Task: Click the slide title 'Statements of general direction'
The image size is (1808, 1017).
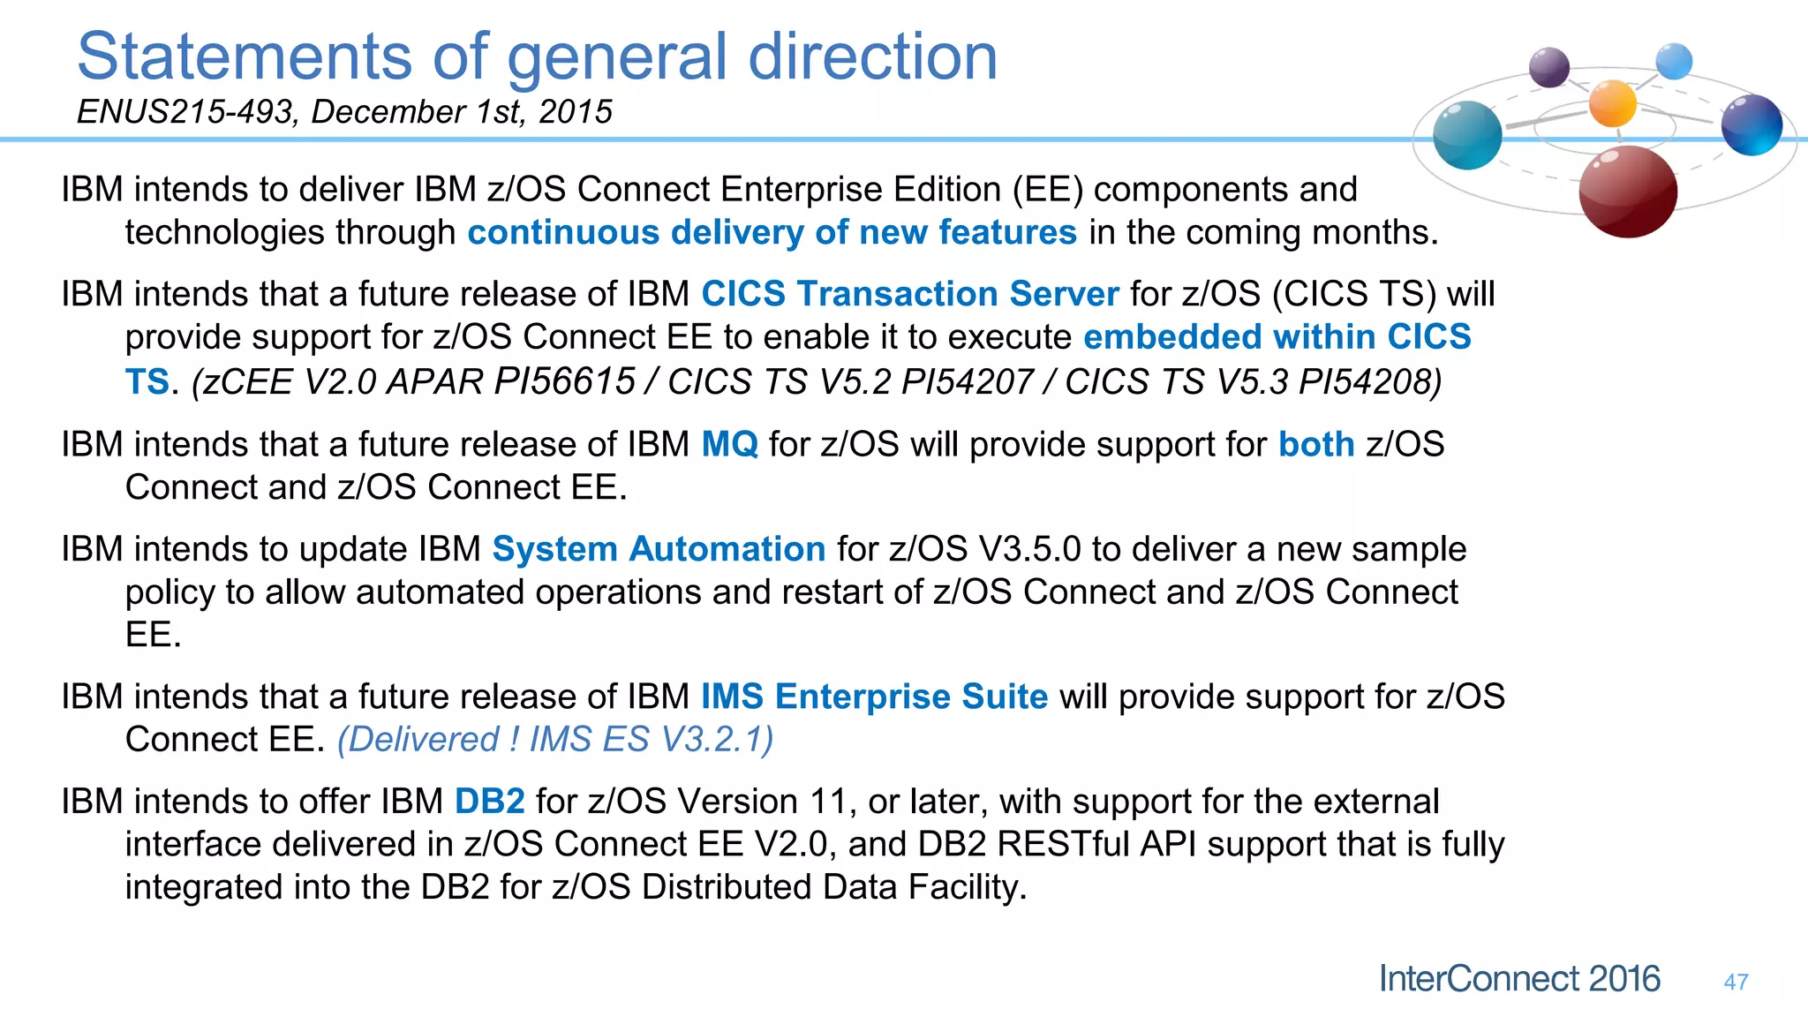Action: click(x=537, y=56)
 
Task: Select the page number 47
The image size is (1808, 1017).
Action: click(x=1736, y=982)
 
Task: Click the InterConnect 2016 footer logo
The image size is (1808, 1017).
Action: click(x=1519, y=979)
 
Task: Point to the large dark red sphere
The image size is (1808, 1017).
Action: click(x=1627, y=192)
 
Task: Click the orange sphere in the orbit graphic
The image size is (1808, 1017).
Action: click(x=1612, y=103)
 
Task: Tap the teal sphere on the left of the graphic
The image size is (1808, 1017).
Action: click(x=1467, y=135)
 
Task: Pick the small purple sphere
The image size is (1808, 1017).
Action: click(x=1548, y=67)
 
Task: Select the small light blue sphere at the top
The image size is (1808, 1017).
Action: click(x=1674, y=62)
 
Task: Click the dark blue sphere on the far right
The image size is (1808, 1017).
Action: click(x=1751, y=124)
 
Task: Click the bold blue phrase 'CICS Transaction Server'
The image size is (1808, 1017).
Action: click(x=909, y=294)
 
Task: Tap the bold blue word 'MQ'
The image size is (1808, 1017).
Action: click(x=729, y=444)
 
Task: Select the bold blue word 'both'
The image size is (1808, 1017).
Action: click(x=1315, y=444)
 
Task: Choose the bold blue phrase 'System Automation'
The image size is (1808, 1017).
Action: click(x=658, y=549)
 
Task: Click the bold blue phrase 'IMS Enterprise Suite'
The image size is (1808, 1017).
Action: click(x=874, y=697)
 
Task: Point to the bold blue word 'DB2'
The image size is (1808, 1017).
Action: click(x=489, y=802)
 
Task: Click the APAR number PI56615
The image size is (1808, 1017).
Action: click(x=564, y=381)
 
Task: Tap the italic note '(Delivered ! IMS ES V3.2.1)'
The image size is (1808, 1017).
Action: click(x=555, y=740)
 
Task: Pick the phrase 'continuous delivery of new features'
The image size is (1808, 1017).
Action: click(x=772, y=233)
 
